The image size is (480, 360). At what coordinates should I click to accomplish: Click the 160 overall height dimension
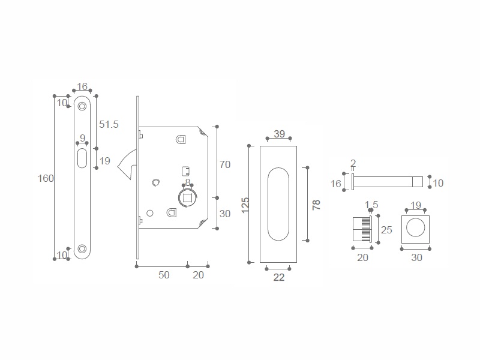[x=46, y=178]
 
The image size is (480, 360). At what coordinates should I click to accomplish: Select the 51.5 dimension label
[x=109, y=124]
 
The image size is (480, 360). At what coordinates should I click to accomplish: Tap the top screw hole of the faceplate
[x=82, y=106]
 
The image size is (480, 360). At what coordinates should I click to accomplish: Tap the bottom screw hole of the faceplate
[x=82, y=248]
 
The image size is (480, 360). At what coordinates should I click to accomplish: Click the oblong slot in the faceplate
[x=82, y=158]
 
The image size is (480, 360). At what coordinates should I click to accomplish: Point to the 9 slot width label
[x=82, y=138]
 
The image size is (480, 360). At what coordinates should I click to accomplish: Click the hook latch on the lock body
[x=127, y=164]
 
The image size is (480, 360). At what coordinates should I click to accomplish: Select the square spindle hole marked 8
[x=187, y=197]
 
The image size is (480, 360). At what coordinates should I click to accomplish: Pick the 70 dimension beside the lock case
[x=225, y=164]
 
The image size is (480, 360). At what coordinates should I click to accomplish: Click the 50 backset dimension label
[x=164, y=275]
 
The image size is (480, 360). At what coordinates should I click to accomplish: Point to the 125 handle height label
[x=245, y=205]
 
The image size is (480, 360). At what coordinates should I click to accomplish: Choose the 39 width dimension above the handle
[x=279, y=134]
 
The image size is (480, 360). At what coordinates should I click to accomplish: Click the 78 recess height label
[x=316, y=205]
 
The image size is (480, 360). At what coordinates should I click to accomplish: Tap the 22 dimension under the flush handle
[x=279, y=277]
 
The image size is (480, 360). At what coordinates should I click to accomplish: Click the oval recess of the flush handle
[x=278, y=204]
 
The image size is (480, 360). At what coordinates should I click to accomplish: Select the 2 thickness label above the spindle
[x=353, y=163]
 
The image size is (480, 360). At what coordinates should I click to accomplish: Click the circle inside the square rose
[x=415, y=227]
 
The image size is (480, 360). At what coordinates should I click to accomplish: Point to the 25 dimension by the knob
[x=386, y=230]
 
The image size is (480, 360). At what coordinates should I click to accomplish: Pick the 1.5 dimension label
[x=371, y=205]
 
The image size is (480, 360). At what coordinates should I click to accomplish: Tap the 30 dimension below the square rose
[x=416, y=258]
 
